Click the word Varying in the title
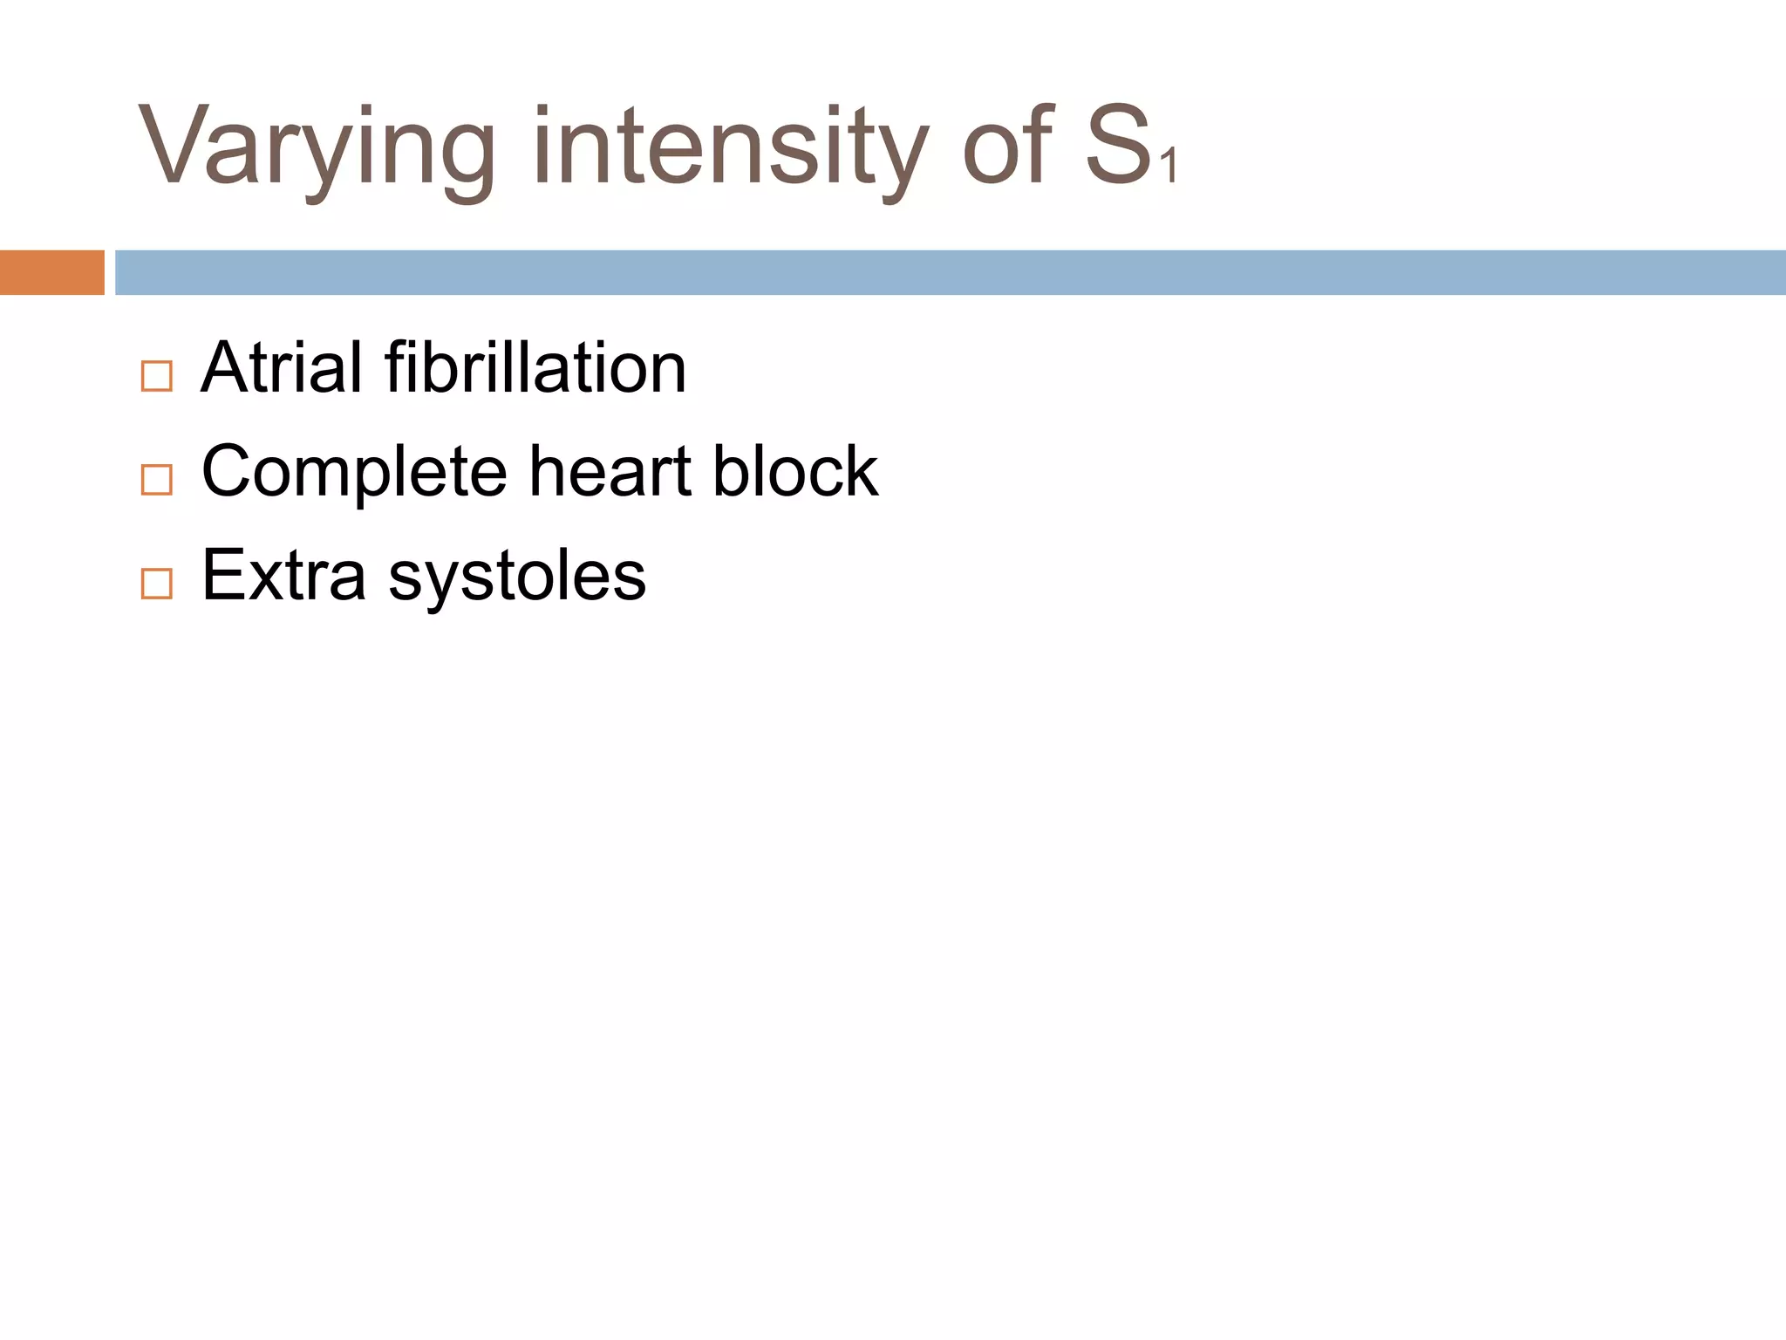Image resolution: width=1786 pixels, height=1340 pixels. click(x=316, y=148)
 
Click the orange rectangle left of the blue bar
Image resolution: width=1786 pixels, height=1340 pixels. click(x=51, y=272)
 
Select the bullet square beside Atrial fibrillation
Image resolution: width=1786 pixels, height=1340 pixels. click(x=157, y=376)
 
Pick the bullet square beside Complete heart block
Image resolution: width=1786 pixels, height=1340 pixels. click(x=157, y=480)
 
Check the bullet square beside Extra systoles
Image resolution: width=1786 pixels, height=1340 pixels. click(x=157, y=583)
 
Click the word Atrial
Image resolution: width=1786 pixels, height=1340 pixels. click(x=281, y=368)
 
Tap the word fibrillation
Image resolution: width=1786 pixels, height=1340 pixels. click(x=535, y=368)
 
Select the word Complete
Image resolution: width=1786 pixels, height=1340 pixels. click(x=354, y=473)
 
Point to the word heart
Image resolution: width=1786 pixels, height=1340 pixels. click(x=610, y=471)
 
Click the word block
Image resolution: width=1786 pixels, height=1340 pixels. click(x=794, y=471)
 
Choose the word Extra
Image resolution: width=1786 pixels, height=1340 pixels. click(x=283, y=576)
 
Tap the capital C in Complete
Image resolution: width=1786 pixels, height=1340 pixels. click(x=228, y=471)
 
